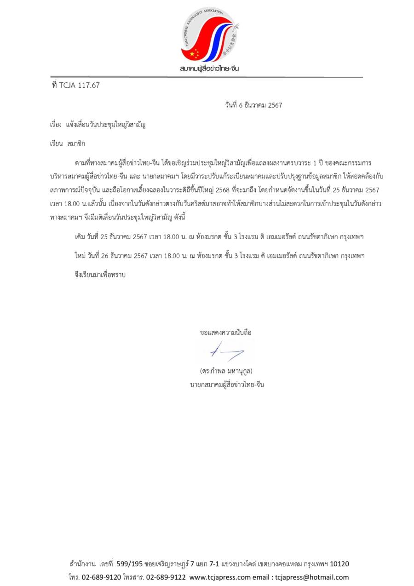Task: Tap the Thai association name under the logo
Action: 209,69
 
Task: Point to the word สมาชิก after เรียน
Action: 76,144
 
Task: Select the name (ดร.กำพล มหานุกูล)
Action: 226,371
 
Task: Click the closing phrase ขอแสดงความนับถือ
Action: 226,332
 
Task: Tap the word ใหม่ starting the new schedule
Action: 80,256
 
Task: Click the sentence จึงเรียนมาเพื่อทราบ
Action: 100,275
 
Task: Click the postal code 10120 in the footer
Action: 339,564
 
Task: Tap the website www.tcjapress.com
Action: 220,577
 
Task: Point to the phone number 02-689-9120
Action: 101,577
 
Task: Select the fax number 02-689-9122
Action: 166,577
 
